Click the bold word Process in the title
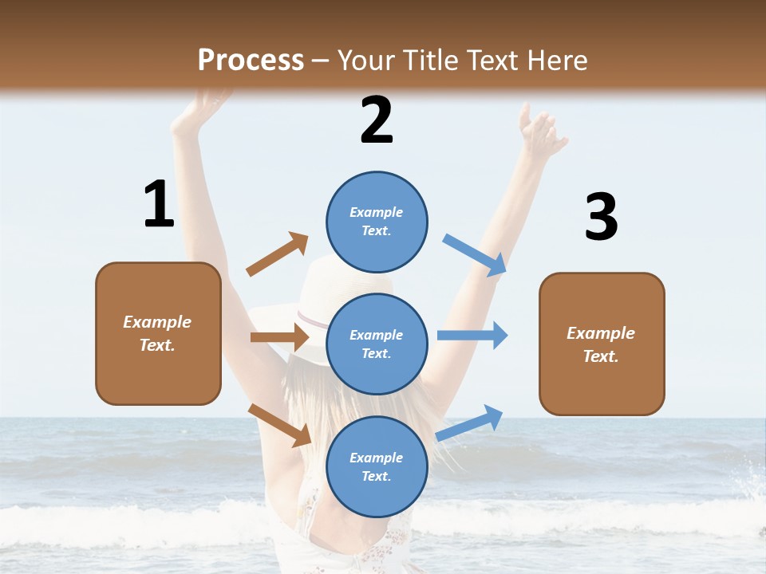[x=251, y=61]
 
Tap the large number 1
[x=158, y=204]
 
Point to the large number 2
[x=377, y=120]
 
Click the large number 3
[x=601, y=217]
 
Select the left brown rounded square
[x=158, y=333]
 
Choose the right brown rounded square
[x=602, y=344]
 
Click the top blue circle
[x=377, y=222]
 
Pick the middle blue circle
[x=377, y=344]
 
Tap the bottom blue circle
[x=377, y=466]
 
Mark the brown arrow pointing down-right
[x=280, y=425]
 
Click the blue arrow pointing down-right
[x=475, y=254]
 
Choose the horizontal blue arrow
[x=472, y=335]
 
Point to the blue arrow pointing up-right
[x=469, y=423]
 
